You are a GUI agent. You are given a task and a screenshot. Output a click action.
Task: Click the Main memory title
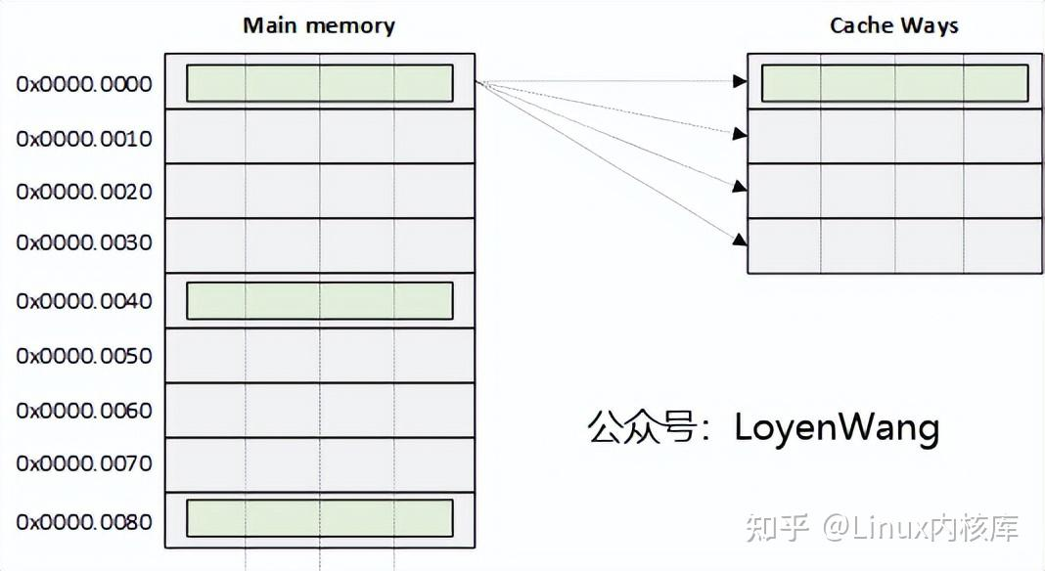[x=319, y=25]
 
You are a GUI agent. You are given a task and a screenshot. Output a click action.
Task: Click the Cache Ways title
[x=894, y=25]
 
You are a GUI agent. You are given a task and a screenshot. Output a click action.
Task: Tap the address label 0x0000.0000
[x=84, y=85]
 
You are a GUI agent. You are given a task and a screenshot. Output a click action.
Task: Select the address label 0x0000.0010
[x=84, y=139]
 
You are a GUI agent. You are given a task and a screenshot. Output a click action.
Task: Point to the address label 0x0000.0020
[x=84, y=192]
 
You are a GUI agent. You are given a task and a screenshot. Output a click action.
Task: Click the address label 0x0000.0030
[x=84, y=243]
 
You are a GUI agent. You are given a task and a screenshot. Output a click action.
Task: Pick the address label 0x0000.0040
[x=84, y=301]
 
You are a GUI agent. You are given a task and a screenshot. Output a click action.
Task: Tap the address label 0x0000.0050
[x=84, y=356]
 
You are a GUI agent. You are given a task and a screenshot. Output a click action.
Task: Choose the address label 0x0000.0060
[x=84, y=411]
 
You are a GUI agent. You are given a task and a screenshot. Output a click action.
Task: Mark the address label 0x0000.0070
[x=84, y=463]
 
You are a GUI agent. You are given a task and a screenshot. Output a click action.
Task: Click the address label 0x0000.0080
[x=84, y=522]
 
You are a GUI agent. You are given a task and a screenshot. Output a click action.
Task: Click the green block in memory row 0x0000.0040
[x=319, y=301]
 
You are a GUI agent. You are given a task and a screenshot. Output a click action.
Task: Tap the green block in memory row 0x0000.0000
[x=319, y=83]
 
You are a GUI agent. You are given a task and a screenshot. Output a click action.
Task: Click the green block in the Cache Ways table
[x=894, y=83]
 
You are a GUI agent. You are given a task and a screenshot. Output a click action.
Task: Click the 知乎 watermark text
[x=778, y=529]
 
